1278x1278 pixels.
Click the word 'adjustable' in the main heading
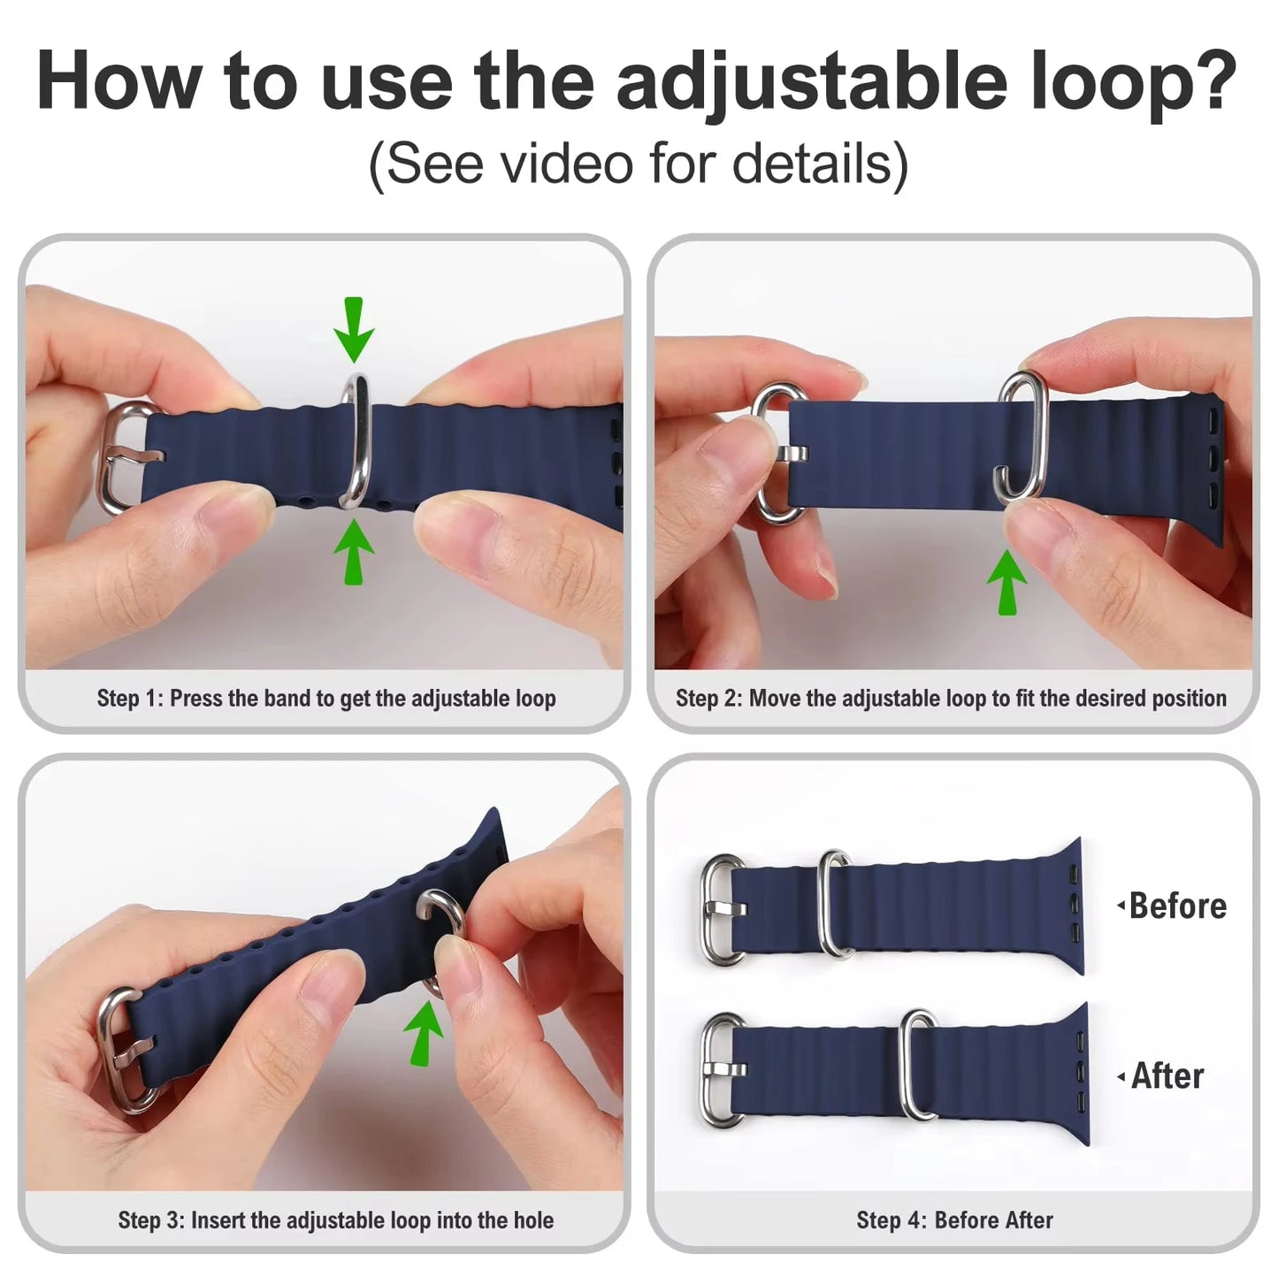[x=811, y=81]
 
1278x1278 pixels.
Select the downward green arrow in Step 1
[x=354, y=330]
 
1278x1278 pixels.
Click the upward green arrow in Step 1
[x=354, y=551]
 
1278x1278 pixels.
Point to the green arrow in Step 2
[x=1006, y=581]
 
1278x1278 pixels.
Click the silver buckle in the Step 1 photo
[x=121, y=457]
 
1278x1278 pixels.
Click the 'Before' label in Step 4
[x=1176, y=906]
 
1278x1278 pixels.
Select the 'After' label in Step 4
[x=1167, y=1076]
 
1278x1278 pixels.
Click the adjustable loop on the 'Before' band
[x=835, y=904]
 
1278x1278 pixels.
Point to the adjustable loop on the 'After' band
[x=919, y=1065]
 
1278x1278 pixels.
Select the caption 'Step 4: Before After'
[x=953, y=1221]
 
